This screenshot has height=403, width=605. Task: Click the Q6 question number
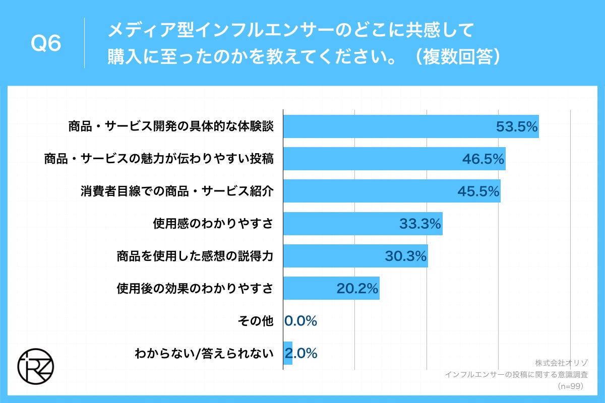point(46,44)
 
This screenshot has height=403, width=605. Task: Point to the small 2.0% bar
point(287,353)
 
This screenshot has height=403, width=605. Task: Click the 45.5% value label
point(478,191)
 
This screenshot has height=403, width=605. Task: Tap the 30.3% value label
point(406,256)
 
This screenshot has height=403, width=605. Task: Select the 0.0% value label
point(301,320)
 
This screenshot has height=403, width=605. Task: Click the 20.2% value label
point(357,288)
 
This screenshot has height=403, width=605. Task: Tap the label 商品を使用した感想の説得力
point(195,256)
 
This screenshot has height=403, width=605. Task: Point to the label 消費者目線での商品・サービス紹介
point(177,191)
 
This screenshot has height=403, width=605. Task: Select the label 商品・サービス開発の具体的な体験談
point(171,126)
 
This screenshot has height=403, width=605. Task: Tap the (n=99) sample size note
point(570,386)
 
